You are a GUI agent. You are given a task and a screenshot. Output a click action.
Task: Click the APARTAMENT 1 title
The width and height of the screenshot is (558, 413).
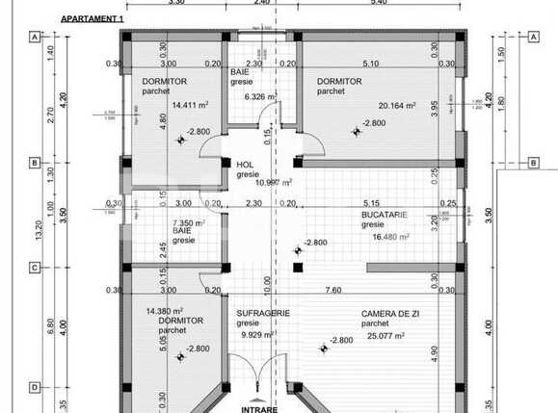pos(93,18)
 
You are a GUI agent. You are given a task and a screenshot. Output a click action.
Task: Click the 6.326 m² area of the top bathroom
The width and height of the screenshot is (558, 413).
pos(260,96)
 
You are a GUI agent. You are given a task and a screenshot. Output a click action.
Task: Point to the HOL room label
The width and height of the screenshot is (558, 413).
pos(245,165)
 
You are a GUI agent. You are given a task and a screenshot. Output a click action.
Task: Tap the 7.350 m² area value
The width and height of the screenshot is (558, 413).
pos(188,222)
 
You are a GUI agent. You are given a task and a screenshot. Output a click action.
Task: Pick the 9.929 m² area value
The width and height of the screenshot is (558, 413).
pos(256,335)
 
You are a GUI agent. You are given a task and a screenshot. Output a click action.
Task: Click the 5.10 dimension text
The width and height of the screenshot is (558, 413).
pos(369,65)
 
